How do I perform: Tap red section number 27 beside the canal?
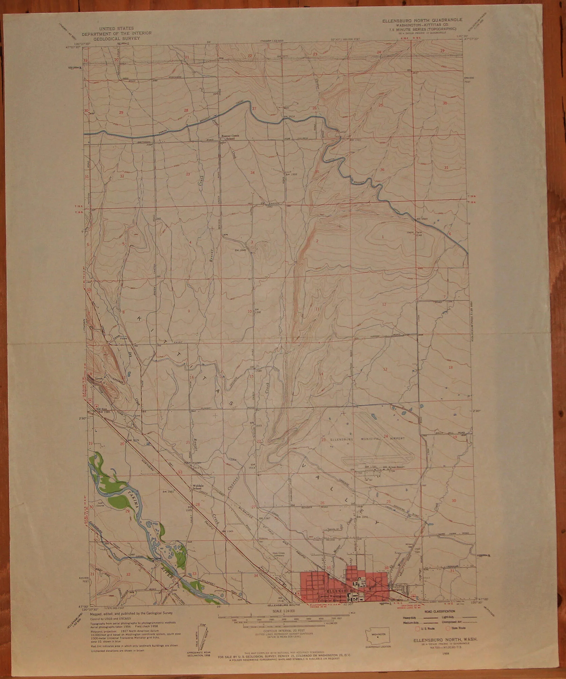coord(254,109)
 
